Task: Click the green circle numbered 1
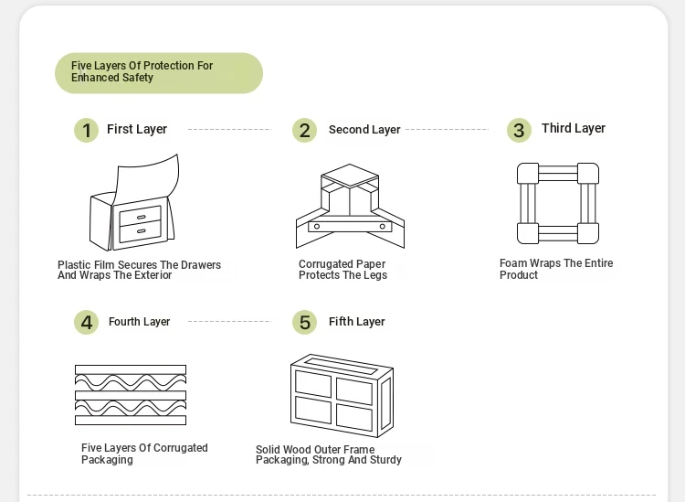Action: tap(86, 131)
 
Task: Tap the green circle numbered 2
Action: tap(305, 131)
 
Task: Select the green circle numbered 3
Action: tap(519, 130)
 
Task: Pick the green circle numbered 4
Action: tap(86, 322)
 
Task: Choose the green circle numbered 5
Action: tap(305, 322)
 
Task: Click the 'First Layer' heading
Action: tap(137, 129)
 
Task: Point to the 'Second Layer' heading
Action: tap(364, 130)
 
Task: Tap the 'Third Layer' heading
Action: tap(574, 128)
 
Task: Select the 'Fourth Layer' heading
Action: tap(139, 322)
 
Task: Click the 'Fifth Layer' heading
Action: tap(357, 322)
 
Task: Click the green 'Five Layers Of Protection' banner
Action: tap(158, 72)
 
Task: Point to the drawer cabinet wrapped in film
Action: tap(134, 208)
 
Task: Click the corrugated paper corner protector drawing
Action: tap(349, 207)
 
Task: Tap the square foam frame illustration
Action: tap(557, 203)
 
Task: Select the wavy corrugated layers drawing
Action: tap(131, 394)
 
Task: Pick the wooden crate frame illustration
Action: tap(342, 395)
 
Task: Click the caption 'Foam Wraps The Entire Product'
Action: tap(556, 269)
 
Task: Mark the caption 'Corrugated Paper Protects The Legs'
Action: tap(343, 270)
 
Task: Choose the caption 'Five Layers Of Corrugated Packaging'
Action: tap(144, 454)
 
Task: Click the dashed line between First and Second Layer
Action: tap(229, 130)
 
